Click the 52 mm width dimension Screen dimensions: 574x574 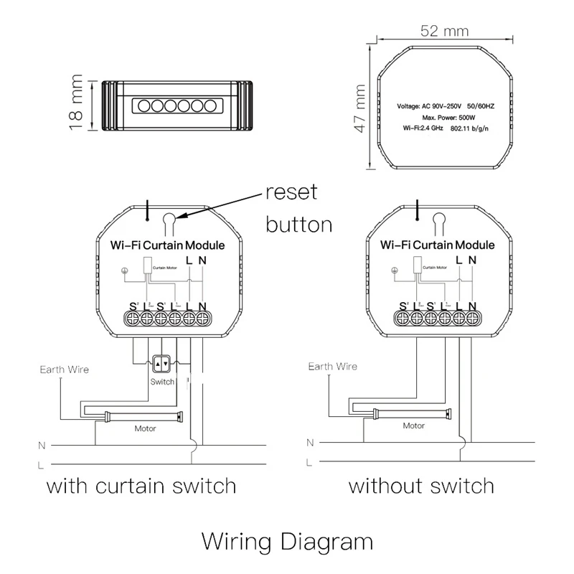[444, 32]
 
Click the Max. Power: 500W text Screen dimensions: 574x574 [443, 117]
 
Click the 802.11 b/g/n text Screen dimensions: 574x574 [475, 128]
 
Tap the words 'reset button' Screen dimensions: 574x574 [298, 208]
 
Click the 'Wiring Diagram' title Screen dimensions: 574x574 [287, 539]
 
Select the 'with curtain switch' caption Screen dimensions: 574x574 [141, 486]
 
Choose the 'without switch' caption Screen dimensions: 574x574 [421, 486]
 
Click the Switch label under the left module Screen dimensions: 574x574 [162, 382]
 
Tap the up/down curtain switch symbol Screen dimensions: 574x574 [162, 364]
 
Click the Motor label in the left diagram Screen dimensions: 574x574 [146, 428]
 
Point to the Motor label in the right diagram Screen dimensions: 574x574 [413, 425]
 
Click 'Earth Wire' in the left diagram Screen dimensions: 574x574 [64, 370]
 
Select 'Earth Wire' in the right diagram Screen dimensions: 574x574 [332, 367]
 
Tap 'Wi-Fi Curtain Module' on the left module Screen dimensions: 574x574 [166, 245]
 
